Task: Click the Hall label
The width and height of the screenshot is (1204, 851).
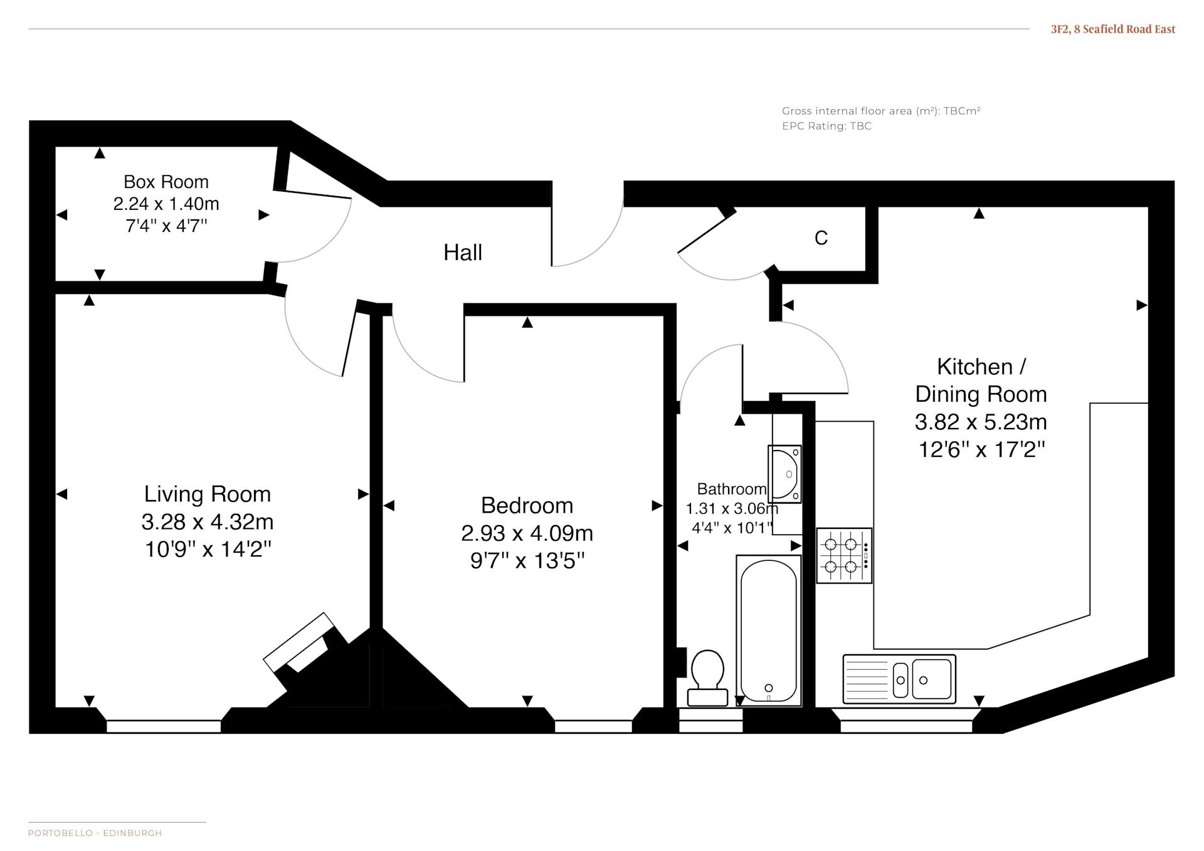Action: tap(463, 253)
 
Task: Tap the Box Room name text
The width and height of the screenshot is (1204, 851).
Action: tap(166, 182)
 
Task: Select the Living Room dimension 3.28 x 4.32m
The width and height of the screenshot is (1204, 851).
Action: tap(208, 521)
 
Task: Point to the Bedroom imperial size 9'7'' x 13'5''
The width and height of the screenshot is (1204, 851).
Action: tap(527, 560)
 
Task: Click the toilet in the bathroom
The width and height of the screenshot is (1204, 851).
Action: tap(708, 678)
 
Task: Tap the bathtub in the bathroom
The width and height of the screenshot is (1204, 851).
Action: tap(769, 630)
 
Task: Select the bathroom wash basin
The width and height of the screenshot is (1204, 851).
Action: tap(785, 474)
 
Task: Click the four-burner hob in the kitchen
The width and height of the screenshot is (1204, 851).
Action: tap(844, 556)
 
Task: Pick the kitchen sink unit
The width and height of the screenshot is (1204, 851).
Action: tap(899, 679)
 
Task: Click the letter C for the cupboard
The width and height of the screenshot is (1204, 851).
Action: tap(821, 238)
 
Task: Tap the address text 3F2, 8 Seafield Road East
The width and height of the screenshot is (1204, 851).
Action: tap(1113, 29)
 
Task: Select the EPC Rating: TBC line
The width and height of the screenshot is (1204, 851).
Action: tap(826, 126)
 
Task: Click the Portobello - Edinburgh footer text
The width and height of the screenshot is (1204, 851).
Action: tap(95, 833)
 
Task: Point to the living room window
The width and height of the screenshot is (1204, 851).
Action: tap(164, 727)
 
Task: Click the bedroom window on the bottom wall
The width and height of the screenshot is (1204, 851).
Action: tap(593, 727)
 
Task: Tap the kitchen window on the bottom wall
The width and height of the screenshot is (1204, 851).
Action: tap(906, 727)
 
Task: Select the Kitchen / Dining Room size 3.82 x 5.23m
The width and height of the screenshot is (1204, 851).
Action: tap(981, 422)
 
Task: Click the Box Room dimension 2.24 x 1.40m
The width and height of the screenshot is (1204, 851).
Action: tap(166, 204)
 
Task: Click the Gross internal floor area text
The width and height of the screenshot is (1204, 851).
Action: tap(881, 111)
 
